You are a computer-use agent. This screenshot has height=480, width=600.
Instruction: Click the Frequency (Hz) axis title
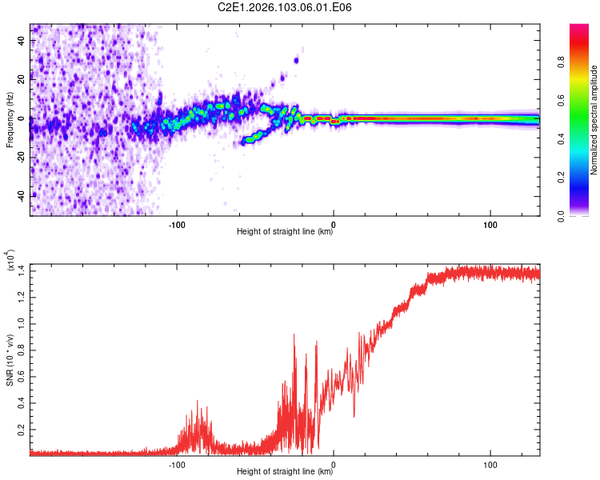10,120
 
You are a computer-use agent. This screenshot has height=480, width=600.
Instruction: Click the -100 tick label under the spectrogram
177,224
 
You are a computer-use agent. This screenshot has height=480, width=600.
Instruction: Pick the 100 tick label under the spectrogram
490,224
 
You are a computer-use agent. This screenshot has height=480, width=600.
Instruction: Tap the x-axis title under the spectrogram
285,232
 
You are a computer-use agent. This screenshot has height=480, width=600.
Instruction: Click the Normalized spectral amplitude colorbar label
594,120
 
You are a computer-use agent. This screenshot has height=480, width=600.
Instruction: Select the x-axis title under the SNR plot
285,471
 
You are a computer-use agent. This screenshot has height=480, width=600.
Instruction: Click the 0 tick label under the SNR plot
334,463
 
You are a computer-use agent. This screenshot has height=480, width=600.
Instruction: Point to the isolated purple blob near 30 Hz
296,60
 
